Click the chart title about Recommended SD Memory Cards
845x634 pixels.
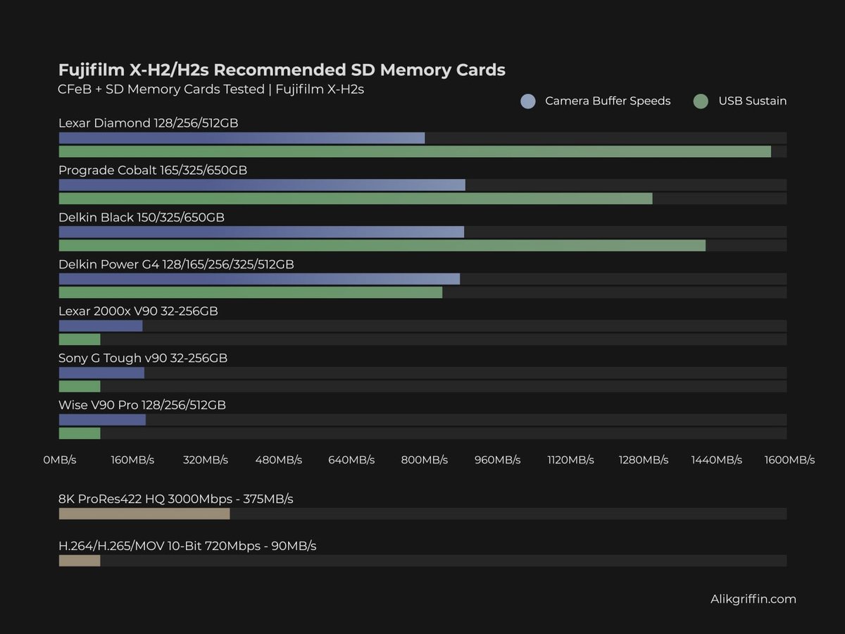coord(282,70)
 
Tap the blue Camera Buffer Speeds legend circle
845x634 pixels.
coord(528,101)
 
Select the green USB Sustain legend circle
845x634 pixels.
coord(700,101)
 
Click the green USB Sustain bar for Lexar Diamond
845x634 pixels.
coord(415,151)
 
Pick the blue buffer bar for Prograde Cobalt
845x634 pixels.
coord(262,185)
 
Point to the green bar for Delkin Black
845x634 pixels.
coord(382,245)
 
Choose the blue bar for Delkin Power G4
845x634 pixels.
coord(259,279)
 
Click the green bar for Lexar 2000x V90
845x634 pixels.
coord(80,340)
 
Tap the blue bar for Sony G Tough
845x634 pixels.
coord(101,373)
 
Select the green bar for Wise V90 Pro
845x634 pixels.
coord(80,433)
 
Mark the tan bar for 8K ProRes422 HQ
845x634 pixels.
coord(144,514)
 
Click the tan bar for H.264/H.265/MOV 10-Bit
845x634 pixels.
coord(80,561)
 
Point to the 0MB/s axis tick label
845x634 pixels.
coord(60,460)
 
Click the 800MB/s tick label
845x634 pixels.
coord(425,460)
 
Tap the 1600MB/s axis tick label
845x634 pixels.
coord(789,460)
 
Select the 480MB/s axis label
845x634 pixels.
coord(279,460)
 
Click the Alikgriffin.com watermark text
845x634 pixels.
coord(753,599)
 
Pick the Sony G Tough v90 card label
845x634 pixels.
coord(143,358)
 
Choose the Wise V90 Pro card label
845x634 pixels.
coord(142,405)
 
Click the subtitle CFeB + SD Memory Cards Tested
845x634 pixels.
coord(211,89)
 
